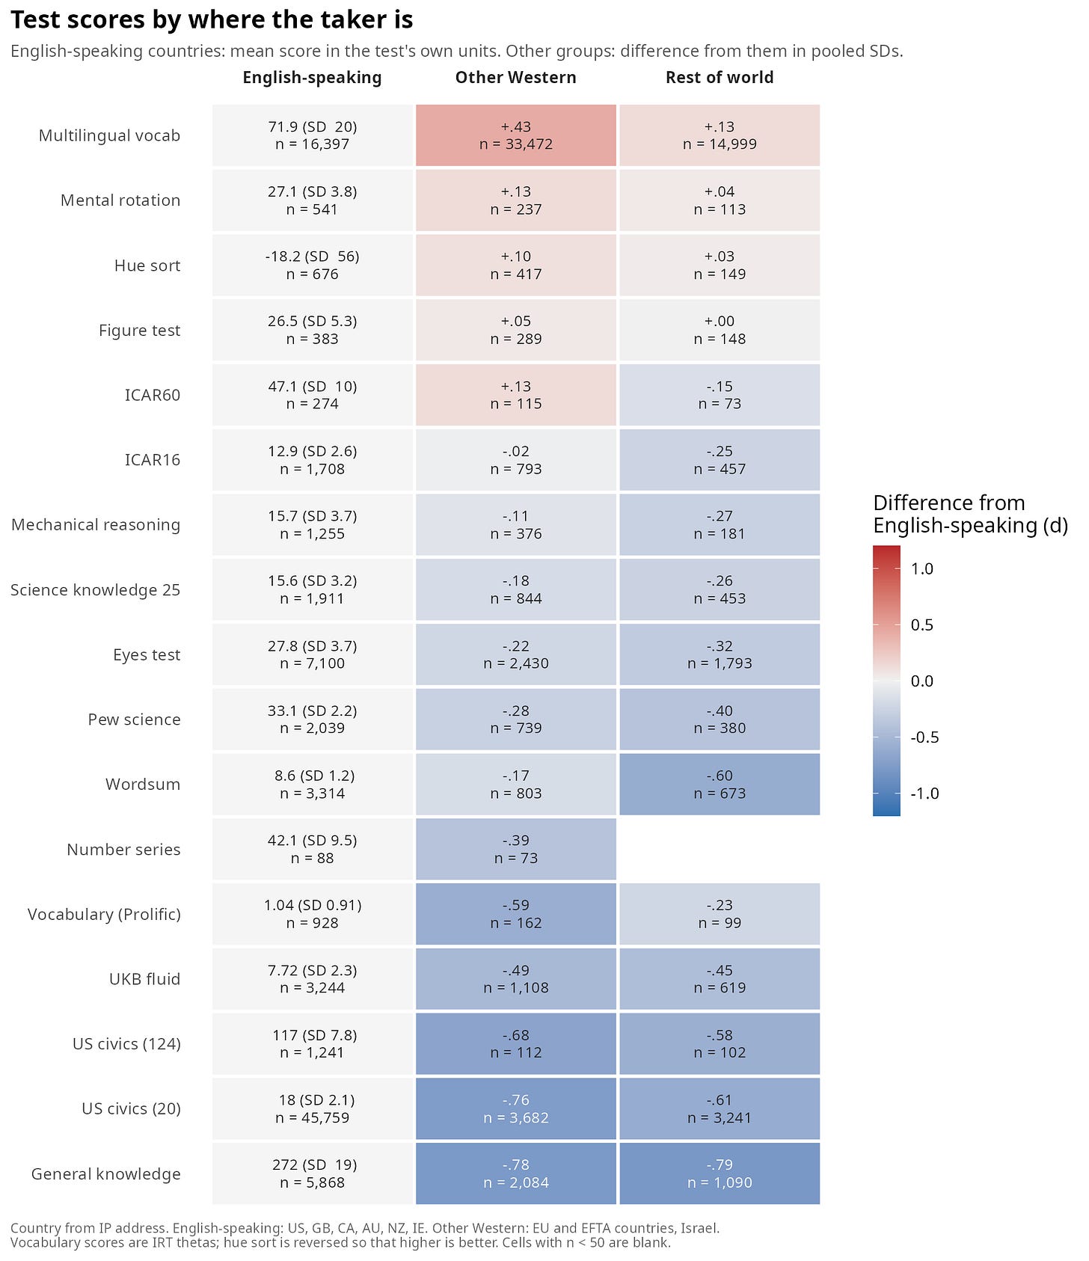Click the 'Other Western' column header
point(515,78)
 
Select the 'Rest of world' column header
point(720,78)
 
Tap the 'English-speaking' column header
point(312,78)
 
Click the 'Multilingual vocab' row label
point(109,135)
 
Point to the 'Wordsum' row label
point(143,785)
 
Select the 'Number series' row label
point(123,850)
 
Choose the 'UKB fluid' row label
point(144,979)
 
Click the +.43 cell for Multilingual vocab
point(516,135)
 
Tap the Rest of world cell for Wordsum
point(720,785)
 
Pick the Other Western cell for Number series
point(516,849)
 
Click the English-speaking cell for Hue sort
point(313,266)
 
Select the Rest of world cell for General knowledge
point(720,1173)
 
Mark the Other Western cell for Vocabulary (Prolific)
point(516,914)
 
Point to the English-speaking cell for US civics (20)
point(313,1108)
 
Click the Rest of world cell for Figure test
point(720,330)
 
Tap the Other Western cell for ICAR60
point(516,395)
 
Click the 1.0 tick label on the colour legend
point(922,568)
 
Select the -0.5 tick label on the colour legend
point(924,737)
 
